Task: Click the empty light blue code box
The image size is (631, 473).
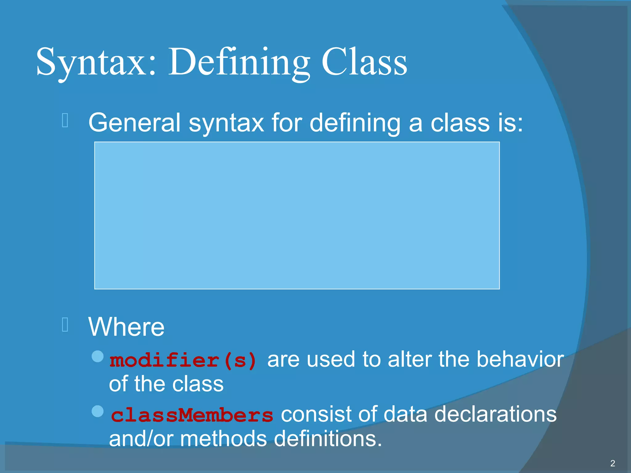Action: [297, 215]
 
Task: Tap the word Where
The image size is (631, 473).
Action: [126, 327]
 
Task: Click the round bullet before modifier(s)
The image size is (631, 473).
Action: [98, 356]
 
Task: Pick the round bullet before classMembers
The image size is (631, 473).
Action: [98, 411]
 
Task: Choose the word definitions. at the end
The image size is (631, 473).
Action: [328, 439]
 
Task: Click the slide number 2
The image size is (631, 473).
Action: [613, 463]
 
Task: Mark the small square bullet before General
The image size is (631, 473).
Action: [65, 120]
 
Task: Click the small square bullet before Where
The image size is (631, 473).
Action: [65, 325]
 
